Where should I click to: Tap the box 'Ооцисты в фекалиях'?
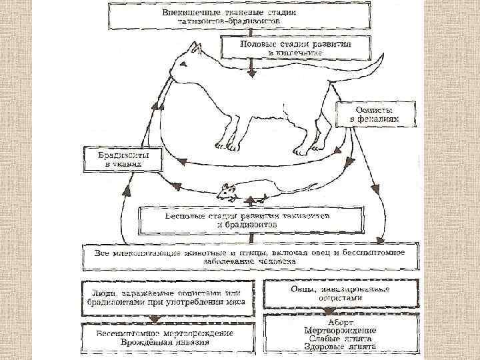[375, 114]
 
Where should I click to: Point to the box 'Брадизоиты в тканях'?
[124, 158]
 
